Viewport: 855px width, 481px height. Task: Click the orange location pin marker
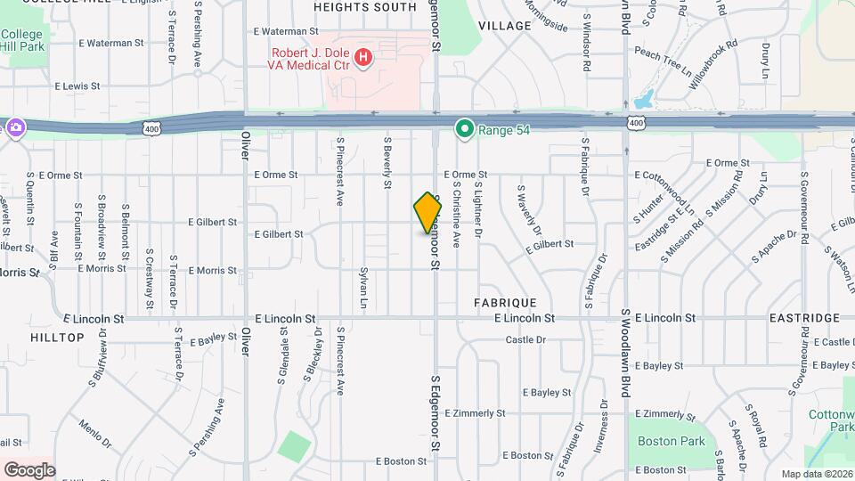point(427,213)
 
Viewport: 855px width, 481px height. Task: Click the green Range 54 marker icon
point(464,130)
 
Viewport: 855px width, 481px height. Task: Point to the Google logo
point(29,469)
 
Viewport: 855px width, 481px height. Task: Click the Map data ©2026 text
point(817,473)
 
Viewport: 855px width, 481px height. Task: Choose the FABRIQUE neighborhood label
point(504,303)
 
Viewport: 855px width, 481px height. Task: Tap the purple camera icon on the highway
point(15,127)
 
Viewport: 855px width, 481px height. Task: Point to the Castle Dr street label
point(525,339)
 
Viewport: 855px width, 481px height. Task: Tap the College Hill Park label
point(21,40)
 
